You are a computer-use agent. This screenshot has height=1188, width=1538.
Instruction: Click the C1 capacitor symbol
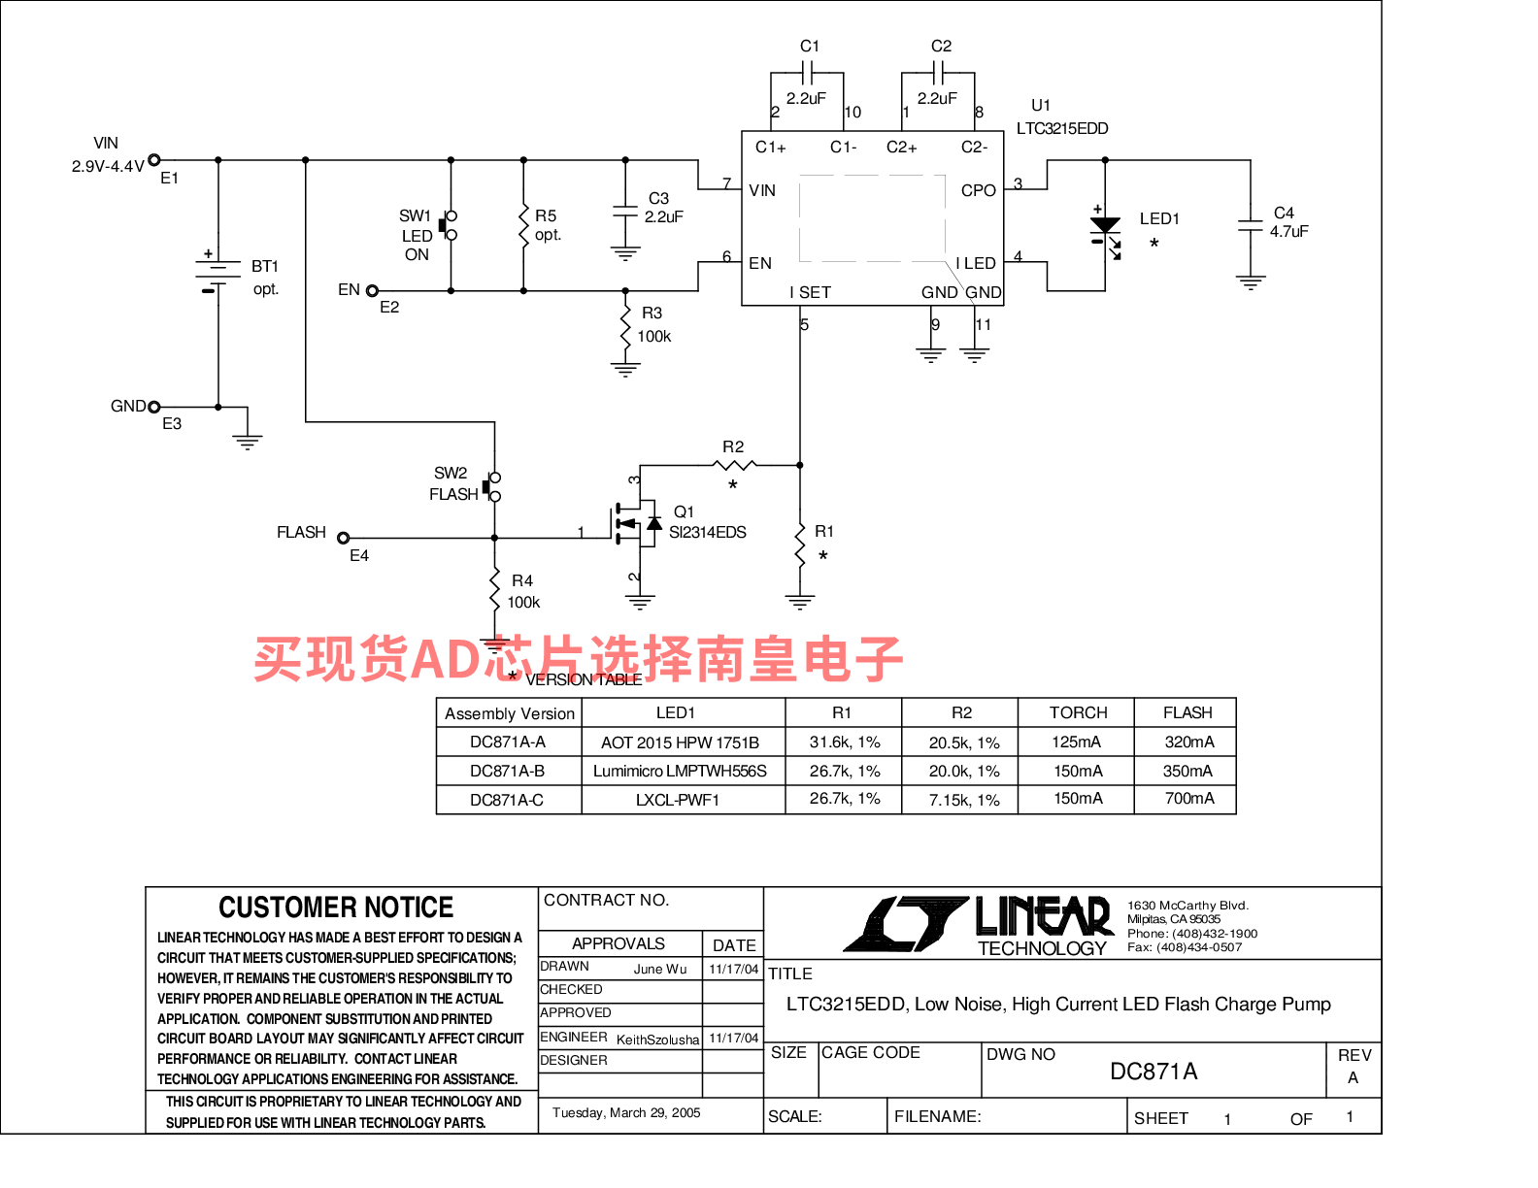(806, 72)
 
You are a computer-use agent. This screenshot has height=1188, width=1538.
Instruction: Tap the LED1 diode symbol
(1104, 233)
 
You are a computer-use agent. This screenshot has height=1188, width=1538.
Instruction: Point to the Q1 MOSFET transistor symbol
(636, 523)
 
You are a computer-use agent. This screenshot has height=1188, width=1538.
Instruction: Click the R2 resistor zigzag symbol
(733, 464)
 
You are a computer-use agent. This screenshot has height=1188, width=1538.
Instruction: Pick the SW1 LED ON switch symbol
(449, 225)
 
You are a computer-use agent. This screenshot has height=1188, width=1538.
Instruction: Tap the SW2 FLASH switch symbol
(492, 486)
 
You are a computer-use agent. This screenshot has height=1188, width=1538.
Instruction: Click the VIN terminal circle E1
(153, 159)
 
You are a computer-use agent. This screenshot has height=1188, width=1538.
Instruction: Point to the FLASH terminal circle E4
(343, 537)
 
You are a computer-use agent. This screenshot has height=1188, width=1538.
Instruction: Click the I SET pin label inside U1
(809, 291)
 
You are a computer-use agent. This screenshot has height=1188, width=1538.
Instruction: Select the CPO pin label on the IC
(977, 189)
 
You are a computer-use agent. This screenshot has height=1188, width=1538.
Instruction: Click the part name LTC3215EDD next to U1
(1061, 128)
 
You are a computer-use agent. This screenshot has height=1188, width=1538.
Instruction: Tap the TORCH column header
(1077, 711)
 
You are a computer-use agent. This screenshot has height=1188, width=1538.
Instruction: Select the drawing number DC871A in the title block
(1152, 1070)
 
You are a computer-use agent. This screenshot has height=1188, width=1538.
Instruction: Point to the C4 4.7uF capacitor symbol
(1250, 225)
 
